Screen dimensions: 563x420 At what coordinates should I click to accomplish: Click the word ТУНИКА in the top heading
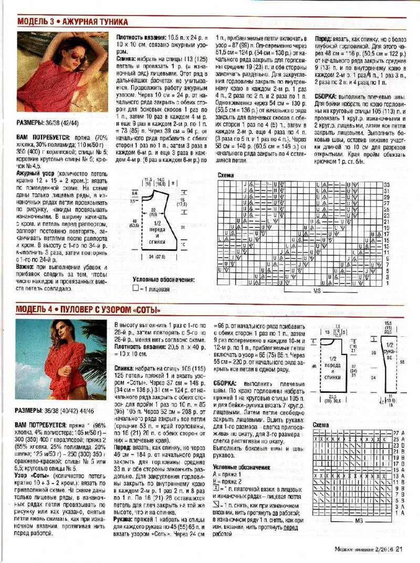[110, 22]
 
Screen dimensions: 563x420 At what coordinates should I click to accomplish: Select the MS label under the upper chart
[317, 290]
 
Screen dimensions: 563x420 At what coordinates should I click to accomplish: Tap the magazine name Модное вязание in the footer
[363, 550]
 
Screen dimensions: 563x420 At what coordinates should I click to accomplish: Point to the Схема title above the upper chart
[226, 175]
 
